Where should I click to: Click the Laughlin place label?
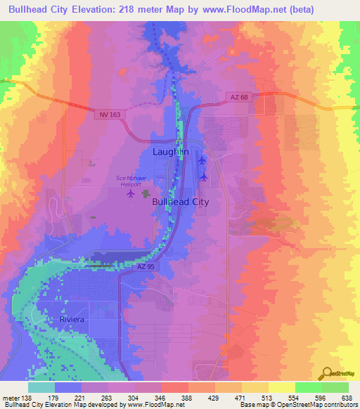(x=170, y=151)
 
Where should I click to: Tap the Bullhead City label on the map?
(x=181, y=202)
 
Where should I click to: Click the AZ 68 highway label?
(x=238, y=97)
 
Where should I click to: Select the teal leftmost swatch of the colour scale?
(x=41, y=387)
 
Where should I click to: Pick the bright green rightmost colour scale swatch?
(x=335, y=387)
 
